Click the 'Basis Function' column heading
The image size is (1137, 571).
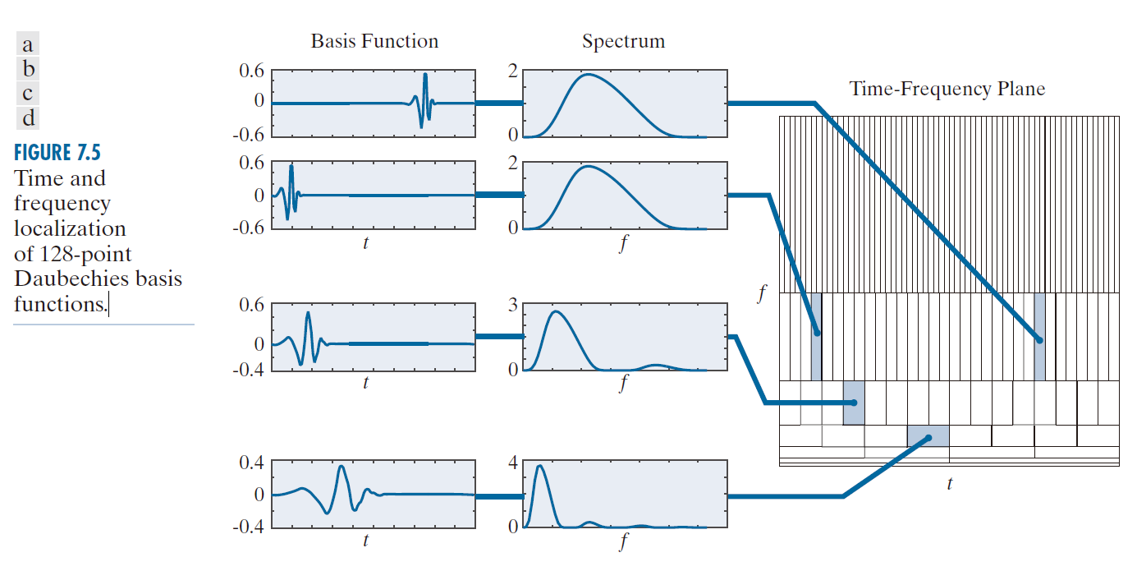(374, 42)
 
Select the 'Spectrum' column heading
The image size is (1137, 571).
(623, 42)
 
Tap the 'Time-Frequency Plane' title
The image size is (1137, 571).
(947, 89)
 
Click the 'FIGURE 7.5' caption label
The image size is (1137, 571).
(57, 153)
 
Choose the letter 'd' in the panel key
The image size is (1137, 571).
(28, 118)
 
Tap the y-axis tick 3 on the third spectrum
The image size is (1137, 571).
(512, 306)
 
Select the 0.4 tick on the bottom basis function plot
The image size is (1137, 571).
(251, 463)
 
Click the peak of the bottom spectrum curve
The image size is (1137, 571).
(539, 466)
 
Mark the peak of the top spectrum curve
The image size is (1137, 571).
(589, 75)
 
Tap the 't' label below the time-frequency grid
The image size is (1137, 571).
(950, 485)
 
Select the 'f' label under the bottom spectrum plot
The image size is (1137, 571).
(624, 541)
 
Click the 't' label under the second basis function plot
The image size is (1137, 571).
(365, 242)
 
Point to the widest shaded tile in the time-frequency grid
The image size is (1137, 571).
(928, 435)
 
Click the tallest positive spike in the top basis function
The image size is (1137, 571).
(425, 75)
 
